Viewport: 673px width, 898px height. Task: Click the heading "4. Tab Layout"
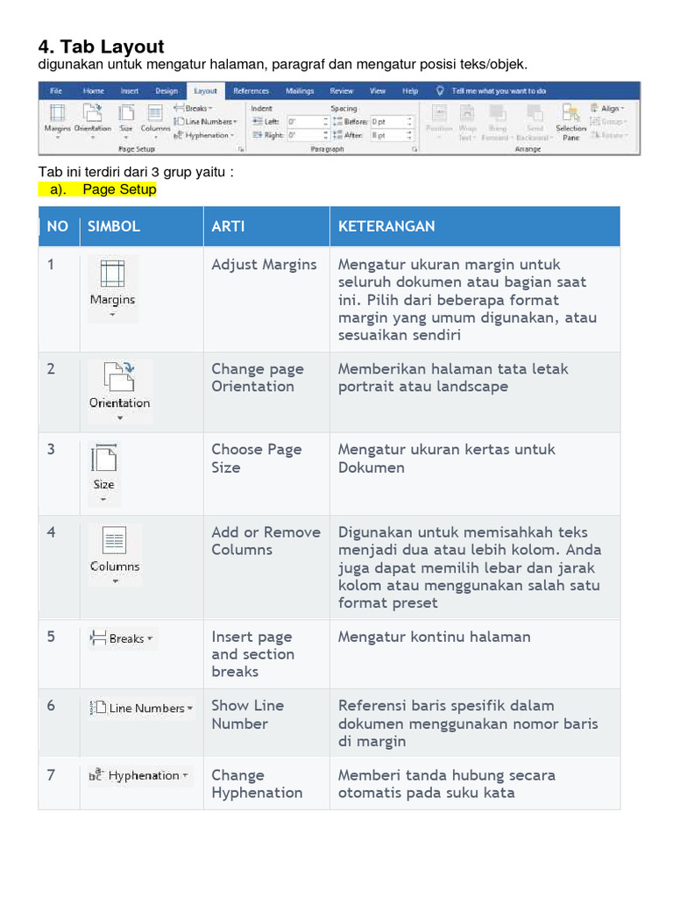click(102, 46)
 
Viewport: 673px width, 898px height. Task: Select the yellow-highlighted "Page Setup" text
click(119, 189)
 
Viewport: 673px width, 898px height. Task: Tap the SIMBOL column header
click(114, 226)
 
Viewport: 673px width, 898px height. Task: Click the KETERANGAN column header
click(386, 226)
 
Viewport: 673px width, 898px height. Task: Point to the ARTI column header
click(228, 226)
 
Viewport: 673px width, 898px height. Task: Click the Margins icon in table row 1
click(112, 285)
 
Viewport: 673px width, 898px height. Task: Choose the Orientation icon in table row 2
click(119, 387)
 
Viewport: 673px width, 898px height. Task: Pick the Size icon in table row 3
click(103, 470)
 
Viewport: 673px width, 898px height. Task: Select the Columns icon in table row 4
click(115, 551)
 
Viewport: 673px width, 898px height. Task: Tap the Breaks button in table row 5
click(121, 638)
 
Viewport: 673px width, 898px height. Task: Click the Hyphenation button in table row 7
click(138, 775)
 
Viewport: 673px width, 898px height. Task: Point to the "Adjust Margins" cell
click(264, 265)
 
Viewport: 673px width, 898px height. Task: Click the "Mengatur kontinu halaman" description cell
click(434, 637)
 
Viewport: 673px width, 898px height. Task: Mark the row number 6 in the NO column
click(51, 706)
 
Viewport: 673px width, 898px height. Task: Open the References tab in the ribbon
click(251, 90)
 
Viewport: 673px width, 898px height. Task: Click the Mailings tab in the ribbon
click(300, 90)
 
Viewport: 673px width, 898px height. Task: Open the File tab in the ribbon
click(56, 90)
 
